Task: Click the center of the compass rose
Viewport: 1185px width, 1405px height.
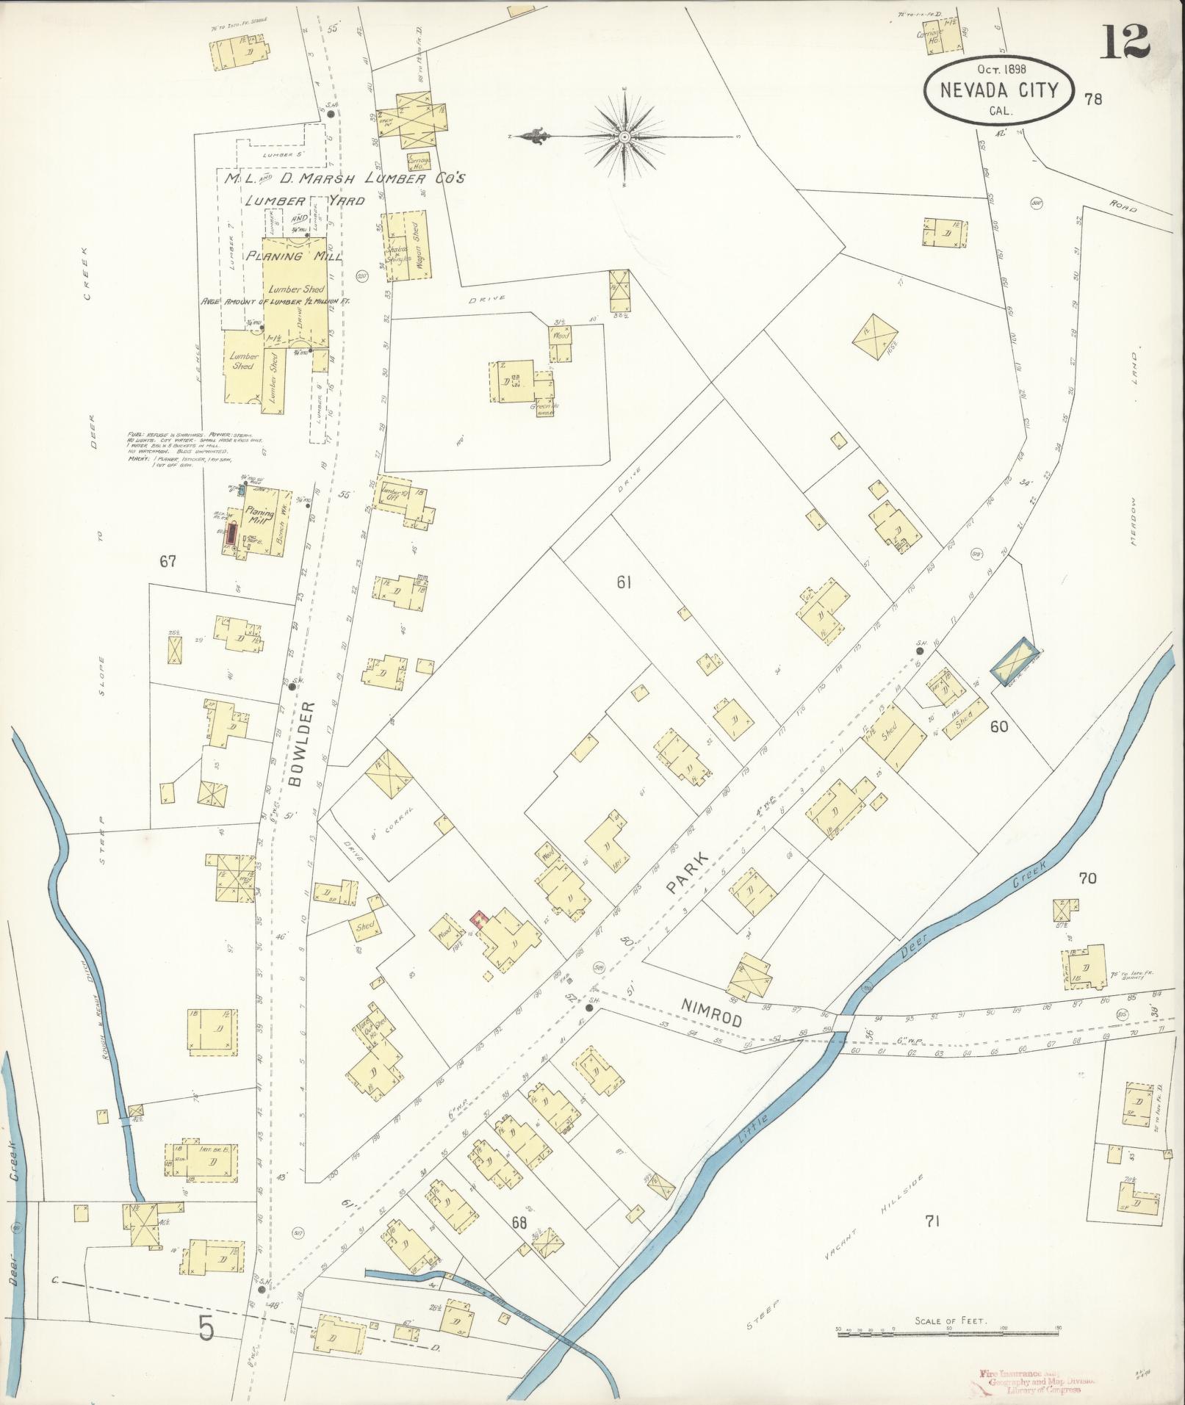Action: tap(624, 136)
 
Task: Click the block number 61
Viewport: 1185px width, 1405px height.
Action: tap(624, 582)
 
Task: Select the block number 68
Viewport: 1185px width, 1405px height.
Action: tap(519, 1223)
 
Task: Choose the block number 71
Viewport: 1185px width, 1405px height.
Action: tap(932, 1221)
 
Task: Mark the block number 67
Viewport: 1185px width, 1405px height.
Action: tap(168, 562)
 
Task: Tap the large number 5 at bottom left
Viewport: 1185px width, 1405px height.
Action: tap(206, 1327)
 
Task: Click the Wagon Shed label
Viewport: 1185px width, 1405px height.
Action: tap(417, 248)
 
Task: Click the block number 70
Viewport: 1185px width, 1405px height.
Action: tap(1087, 878)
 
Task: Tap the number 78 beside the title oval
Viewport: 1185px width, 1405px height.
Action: tap(1092, 99)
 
